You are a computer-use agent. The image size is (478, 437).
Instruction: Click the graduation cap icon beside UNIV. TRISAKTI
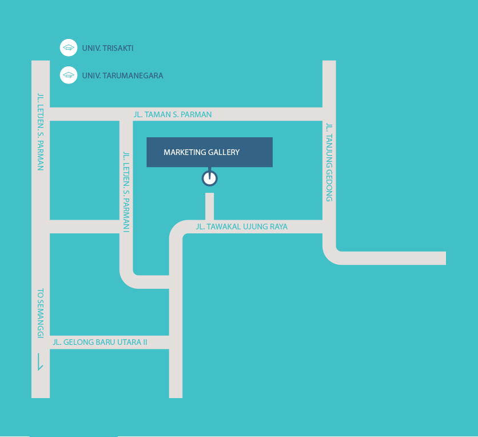(x=69, y=48)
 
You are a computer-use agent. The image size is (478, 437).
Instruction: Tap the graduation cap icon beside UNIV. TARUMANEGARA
(x=69, y=75)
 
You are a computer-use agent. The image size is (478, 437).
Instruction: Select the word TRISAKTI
(x=117, y=49)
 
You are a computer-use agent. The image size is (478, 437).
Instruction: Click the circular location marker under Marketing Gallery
(x=209, y=178)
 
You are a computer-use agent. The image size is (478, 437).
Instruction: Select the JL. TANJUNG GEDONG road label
(x=329, y=162)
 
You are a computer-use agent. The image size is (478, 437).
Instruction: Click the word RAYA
(x=277, y=227)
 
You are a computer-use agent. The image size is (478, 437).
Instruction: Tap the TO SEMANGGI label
(x=41, y=313)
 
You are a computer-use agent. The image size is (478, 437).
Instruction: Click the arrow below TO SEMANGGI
(x=39, y=361)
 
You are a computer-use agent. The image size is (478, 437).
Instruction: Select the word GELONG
(x=77, y=343)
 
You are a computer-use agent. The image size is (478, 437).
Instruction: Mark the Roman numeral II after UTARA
(x=144, y=343)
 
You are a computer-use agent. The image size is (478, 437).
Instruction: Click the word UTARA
(x=128, y=343)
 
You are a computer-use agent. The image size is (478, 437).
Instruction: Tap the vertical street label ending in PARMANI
(x=126, y=191)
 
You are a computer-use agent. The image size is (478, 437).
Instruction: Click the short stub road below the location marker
(x=209, y=206)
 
